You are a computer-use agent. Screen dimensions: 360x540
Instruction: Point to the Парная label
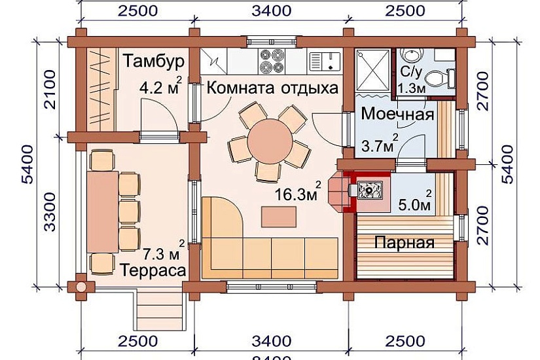coord(405,243)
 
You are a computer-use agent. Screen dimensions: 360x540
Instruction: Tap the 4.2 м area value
coord(160,86)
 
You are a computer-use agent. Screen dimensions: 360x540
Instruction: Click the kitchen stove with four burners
coord(270,60)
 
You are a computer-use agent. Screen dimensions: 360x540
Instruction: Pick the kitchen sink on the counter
coord(325,61)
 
